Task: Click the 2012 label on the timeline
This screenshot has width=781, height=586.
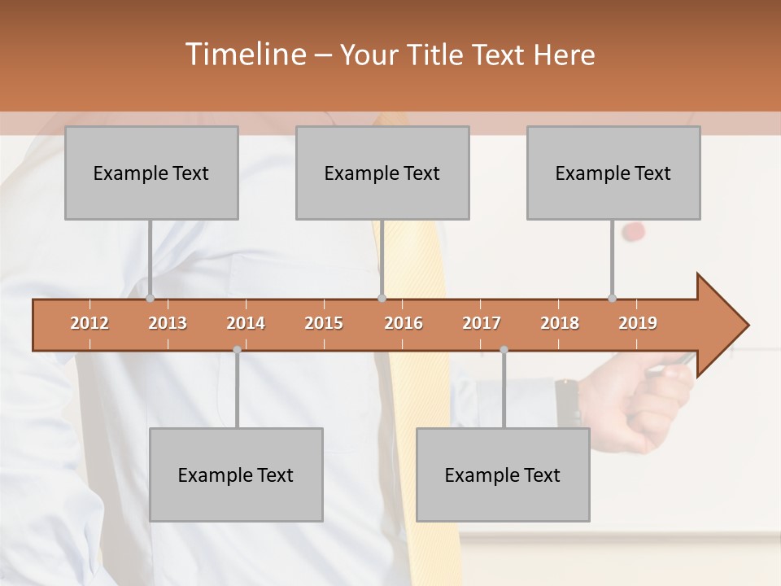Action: (x=89, y=323)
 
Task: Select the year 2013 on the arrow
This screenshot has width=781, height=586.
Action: (x=168, y=323)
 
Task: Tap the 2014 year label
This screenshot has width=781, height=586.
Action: (x=246, y=323)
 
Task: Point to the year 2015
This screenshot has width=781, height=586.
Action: (x=324, y=323)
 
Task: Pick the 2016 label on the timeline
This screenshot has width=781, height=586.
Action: (x=404, y=323)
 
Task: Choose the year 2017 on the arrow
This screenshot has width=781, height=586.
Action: (x=482, y=323)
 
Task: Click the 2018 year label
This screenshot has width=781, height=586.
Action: (x=560, y=323)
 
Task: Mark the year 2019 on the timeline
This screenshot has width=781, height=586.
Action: (x=638, y=323)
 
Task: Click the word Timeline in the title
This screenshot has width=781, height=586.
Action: (x=244, y=55)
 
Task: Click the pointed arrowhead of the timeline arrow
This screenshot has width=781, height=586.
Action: (x=728, y=325)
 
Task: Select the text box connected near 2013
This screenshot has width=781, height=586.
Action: (x=151, y=173)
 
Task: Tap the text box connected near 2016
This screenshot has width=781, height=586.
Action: (x=382, y=173)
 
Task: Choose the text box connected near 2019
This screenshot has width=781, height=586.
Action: (x=613, y=173)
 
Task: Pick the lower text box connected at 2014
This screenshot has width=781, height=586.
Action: (x=236, y=474)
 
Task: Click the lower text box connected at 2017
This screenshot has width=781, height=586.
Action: (x=503, y=474)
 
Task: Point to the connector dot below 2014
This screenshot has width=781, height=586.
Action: (x=237, y=350)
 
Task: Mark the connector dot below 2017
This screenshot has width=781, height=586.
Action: (x=504, y=350)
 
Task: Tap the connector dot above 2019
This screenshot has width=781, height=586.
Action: (x=612, y=298)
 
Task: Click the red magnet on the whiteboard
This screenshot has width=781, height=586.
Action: (x=633, y=232)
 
